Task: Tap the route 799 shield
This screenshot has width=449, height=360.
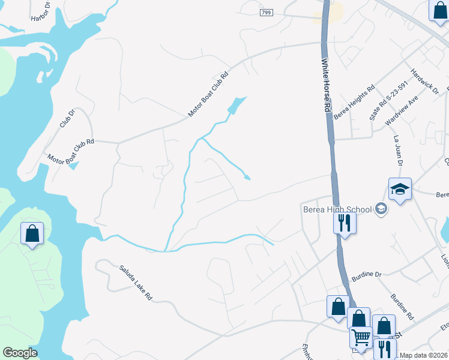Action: tap(267, 13)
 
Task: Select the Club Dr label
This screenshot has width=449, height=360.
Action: tap(67, 119)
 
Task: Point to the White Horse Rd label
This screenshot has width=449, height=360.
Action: tap(327, 85)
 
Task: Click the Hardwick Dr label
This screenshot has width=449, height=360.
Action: tap(425, 80)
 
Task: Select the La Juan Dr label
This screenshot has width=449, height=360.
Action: tap(397, 150)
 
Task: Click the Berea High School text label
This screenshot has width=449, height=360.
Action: tap(336, 209)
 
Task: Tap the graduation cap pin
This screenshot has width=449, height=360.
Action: tap(400, 189)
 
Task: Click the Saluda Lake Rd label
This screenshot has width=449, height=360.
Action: tap(136, 283)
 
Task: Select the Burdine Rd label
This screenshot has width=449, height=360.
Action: tap(402, 307)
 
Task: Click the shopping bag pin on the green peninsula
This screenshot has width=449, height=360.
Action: tap(32, 233)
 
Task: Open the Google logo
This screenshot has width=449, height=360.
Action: tap(20, 353)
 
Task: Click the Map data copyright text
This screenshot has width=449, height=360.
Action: tap(424, 355)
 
